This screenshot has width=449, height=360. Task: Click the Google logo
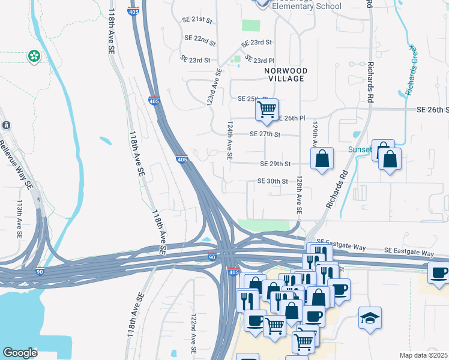20,353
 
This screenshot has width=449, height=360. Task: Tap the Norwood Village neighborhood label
286,74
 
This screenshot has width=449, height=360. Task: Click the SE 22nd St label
200,40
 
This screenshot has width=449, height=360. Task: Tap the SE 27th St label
265,135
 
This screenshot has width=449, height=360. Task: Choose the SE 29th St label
276,164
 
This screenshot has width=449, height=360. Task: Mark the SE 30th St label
273,181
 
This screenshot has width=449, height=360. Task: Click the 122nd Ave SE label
194,332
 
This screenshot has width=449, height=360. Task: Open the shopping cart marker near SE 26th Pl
267,109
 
